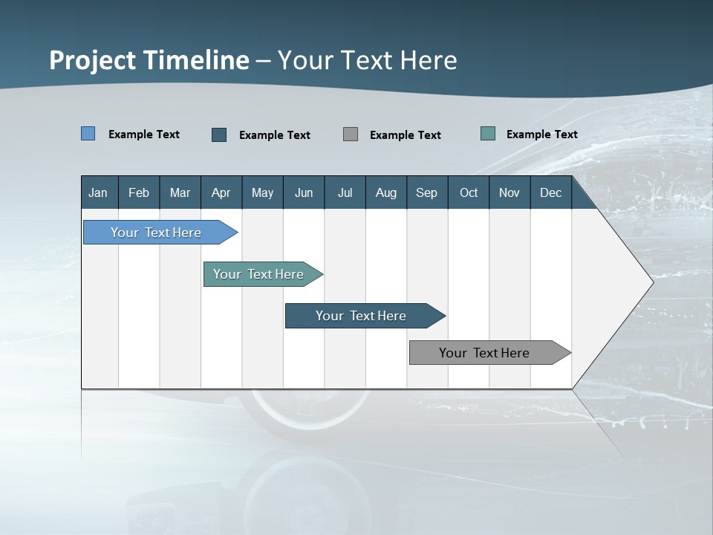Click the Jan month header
[x=98, y=192]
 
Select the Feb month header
[x=139, y=192]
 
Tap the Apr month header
[x=221, y=192]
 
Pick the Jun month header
[x=304, y=192]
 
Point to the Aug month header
[x=386, y=192]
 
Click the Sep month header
[x=427, y=192]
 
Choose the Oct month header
[x=469, y=192]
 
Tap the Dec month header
[x=551, y=192]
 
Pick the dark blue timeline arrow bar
[x=362, y=316]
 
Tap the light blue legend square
[x=88, y=134]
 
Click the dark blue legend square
[x=219, y=134]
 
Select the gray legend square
[x=351, y=134]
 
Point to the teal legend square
[x=488, y=134]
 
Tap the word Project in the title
[x=92, y=60]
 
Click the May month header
[x=262, y=192]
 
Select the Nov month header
[x=509, y=192]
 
